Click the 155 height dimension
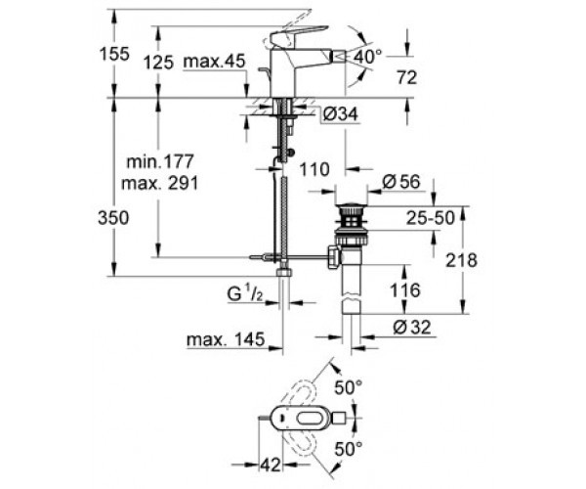pyautogui.click(x=114, y=54)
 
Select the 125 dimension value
pyautogui.click(x=159, y=63)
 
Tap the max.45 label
pyautogui.click(x=215, y=62)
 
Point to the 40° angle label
pyautogui.click(x=368, y=57)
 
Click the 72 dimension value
pyautogui.click(x=406, y=78)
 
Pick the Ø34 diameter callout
pyautogui.click(x=340, y=114)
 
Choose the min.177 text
pyautogui.click(x=160, y=161)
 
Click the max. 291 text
pyautogui.click(x=160, y=183)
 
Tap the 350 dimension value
pyautogui.click(x=113, y=218)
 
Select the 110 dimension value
pyautogui.click(x=314, y=169)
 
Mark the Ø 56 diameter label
pyautogui.click(x=401, y=182)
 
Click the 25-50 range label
pyautogui.click(x=431, y=218)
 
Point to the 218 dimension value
pyautogui.click(x=462, y=260)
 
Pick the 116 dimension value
pyautogui.click(x=405, y=290)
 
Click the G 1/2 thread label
pyautogui.click(x=245, y=293)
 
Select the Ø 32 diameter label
pyautogui.click(x=412, y=328)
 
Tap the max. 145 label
pyautogui.click(x=226, y=339)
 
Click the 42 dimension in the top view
pyautogui.click(x=270, y=466)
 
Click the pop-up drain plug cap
pyautogui.click(x=351, y=207)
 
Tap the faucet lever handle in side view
pyautogui.click(x=299, y=36)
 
